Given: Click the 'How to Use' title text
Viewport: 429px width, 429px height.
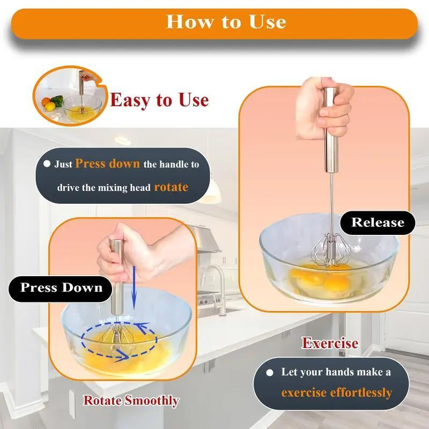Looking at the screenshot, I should [226, 21].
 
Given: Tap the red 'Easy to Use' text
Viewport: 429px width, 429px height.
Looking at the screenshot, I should [159, 100].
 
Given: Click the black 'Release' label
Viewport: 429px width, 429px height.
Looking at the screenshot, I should [377, 222].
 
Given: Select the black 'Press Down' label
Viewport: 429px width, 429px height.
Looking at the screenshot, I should [61, 287].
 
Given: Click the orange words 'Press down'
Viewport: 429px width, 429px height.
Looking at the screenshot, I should [108, 164].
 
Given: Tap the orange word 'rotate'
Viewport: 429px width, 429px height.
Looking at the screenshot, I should [171, 187].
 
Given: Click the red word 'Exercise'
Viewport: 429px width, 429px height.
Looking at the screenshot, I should [330, 343].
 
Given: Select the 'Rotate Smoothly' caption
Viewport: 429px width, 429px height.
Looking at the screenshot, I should [131, 400].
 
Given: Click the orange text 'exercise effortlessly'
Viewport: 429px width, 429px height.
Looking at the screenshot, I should [336, 393].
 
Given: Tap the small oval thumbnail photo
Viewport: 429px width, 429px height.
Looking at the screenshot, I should [68, 97].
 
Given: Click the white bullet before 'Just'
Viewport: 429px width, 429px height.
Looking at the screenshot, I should [47, 164].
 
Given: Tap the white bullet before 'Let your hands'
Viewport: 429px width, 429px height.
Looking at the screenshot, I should [271, 372].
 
